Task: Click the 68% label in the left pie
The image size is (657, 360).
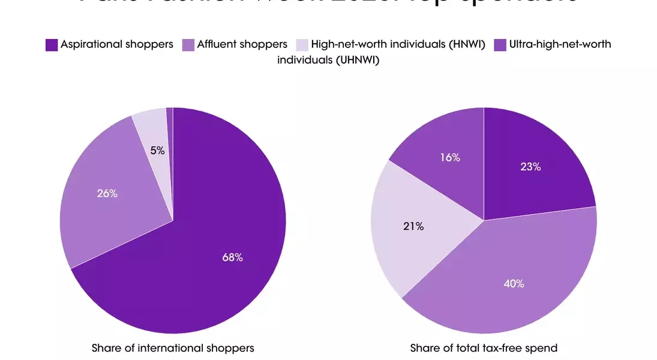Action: pyautogui.click(x=232, y=257)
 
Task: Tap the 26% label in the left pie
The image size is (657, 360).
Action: pyautogui.click(x=107, y=194)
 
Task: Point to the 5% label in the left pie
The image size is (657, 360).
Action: pyautogui.click(x=157, y=151)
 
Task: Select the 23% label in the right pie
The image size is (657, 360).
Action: pyautogui.click(x=530, y=167)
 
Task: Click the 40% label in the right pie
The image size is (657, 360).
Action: pyautogui.click(x=514, y=283)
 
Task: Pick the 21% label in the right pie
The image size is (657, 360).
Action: pyautogui.click(x=413, y=226)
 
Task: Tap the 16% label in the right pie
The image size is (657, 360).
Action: pyautogui.click(x=450, y=158)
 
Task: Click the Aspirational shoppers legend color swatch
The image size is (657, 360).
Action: pyautogui.click(x=52, y=44)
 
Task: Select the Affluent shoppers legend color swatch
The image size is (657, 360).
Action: pyautogui.click(x=188, y=44)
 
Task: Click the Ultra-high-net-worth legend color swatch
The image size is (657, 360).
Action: pyautogui.click(x=499, y=44)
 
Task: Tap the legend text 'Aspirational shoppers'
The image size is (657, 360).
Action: pyautogui.click(x=117, y=44)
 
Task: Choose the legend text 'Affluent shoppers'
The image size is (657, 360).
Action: pyautogui.click(x=242, y=44)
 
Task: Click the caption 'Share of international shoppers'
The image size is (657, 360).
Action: pyautogui.click(x=173, y=348)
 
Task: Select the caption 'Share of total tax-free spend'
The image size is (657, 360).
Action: pyautogui.click(x=484, y=348)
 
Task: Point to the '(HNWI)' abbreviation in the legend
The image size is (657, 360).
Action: pyautogui.click(x=466, y=44)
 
